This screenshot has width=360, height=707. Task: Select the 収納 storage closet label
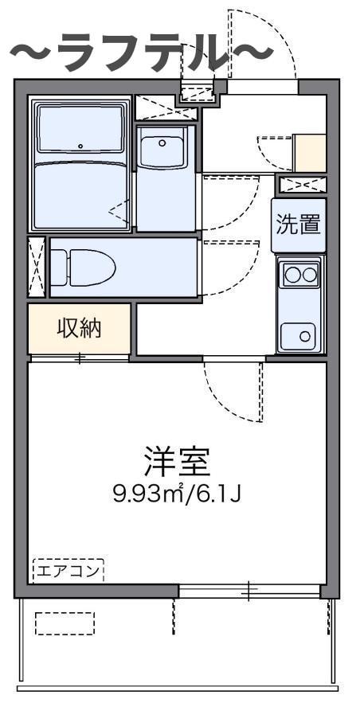79,328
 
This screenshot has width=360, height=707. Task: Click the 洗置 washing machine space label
299,225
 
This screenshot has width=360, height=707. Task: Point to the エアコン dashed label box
68,570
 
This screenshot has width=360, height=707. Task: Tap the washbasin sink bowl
164,148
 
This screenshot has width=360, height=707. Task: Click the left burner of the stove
291,275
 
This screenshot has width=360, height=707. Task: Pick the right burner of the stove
309,275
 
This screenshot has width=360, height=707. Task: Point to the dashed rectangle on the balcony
65,623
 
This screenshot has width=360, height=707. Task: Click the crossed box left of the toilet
36,267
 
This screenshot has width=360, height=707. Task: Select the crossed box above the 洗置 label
302,186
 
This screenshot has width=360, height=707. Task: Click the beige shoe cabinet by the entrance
310,154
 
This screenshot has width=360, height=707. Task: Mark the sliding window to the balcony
248,591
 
